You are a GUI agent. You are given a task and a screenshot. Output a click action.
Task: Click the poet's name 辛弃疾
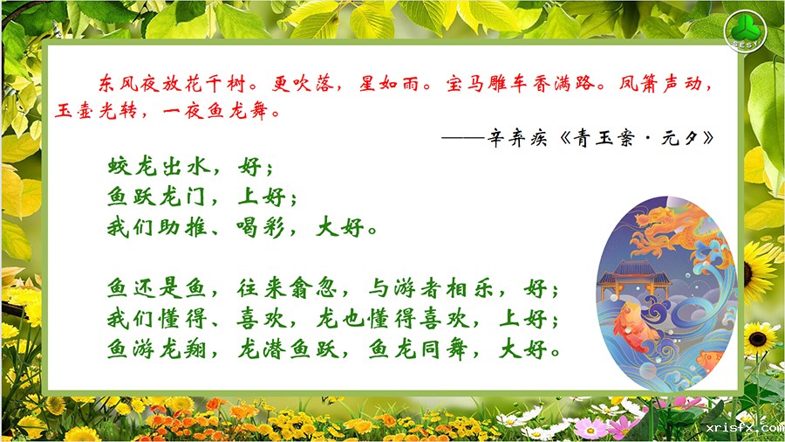517,138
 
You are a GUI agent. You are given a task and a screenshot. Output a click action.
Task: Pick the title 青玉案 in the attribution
604,138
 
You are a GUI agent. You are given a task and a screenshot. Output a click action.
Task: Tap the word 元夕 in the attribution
679,138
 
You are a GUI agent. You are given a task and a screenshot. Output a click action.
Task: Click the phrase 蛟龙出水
159,166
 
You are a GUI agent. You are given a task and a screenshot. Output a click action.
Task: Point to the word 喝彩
260,228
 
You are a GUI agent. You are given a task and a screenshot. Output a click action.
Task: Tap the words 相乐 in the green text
469,289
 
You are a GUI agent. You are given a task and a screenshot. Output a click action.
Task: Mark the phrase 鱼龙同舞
418,349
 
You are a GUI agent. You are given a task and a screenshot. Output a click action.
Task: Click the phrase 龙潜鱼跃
287,349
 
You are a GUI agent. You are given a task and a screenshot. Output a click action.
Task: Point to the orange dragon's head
653,221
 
